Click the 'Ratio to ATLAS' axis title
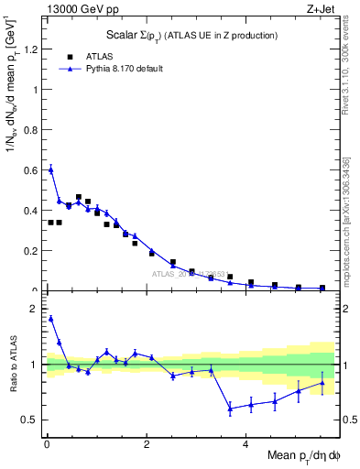click(x=13, y=365)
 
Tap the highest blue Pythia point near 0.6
click(x=50, y=169)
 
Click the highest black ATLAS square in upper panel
click(x=79, y=197)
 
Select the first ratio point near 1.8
click(x=50, y=319)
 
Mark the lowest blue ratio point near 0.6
click(x=231, y=409)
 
